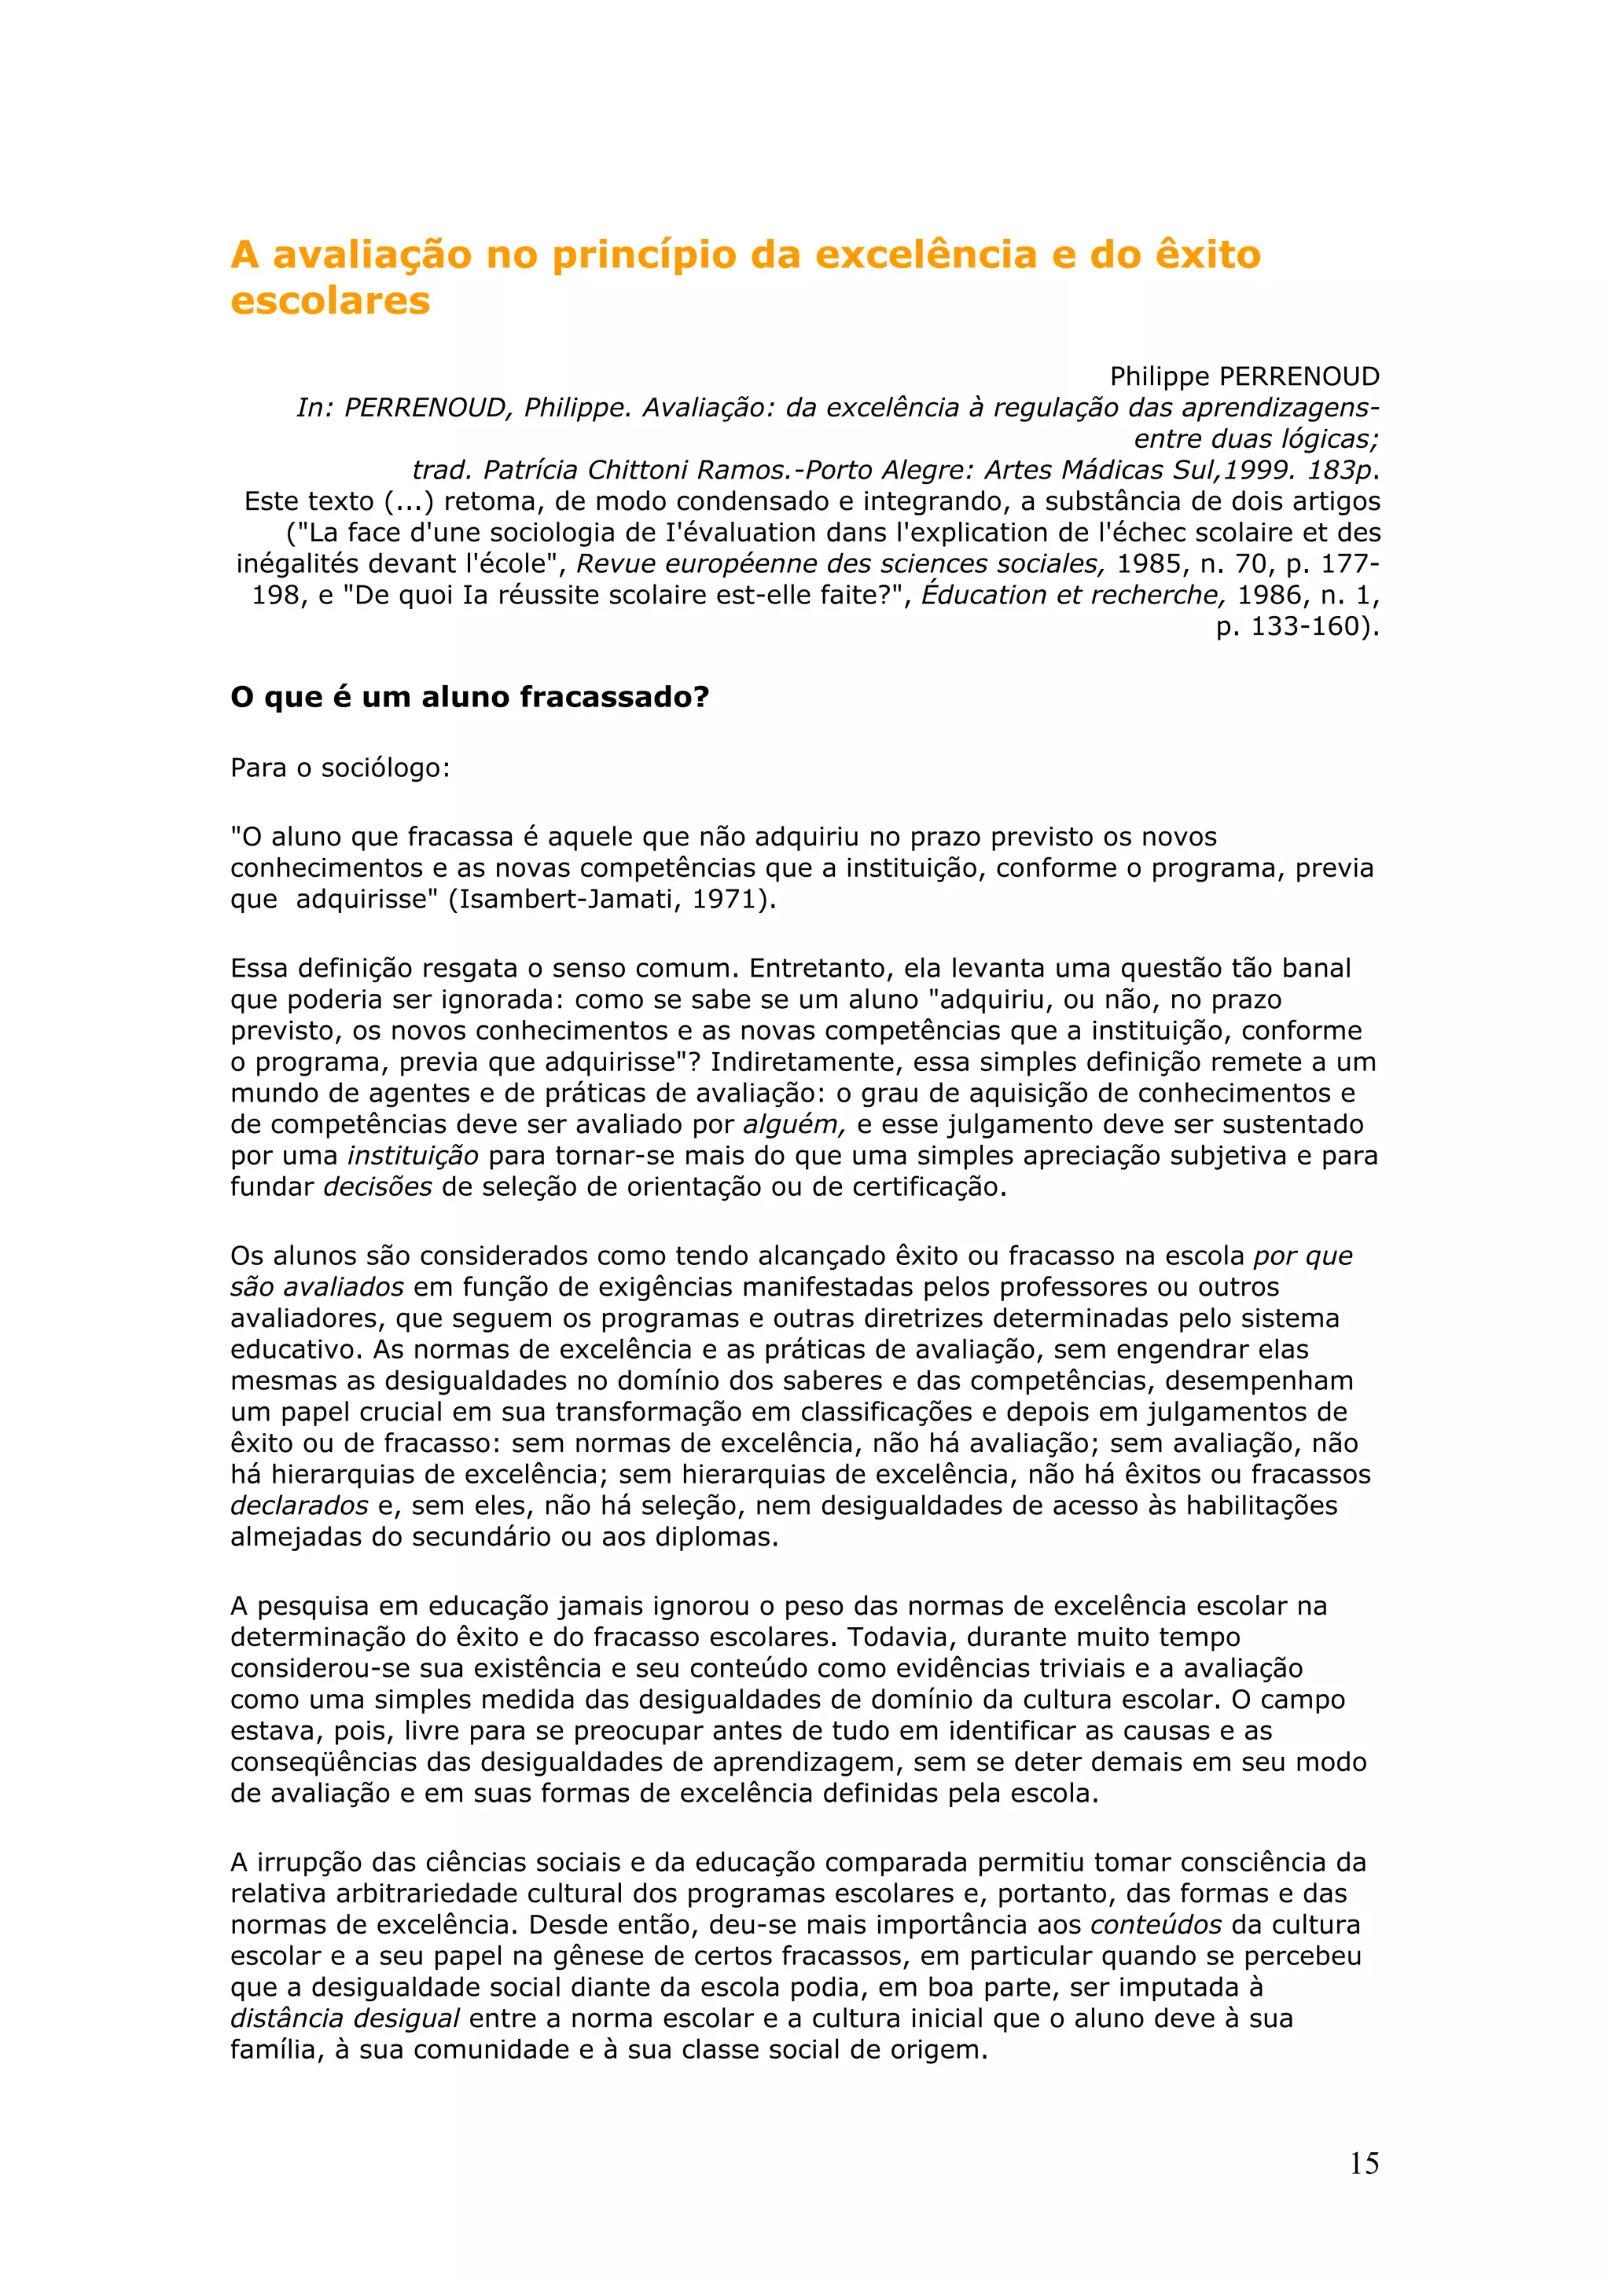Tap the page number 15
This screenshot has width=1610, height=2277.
coord(1364,2164)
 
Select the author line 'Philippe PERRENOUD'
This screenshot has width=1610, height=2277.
coord(1244,377)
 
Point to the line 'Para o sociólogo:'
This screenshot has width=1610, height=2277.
coord(340,768)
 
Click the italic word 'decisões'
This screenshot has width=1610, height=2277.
coord(378,1187)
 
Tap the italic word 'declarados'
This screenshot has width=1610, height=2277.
coord(300,1505)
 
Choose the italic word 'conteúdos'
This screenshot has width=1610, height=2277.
coord(1156,1925)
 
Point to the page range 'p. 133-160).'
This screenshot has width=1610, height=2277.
coord(1298,627)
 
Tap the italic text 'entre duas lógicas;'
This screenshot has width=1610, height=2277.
coord(1256,438)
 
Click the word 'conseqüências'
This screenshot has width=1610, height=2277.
coord(323,1762)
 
